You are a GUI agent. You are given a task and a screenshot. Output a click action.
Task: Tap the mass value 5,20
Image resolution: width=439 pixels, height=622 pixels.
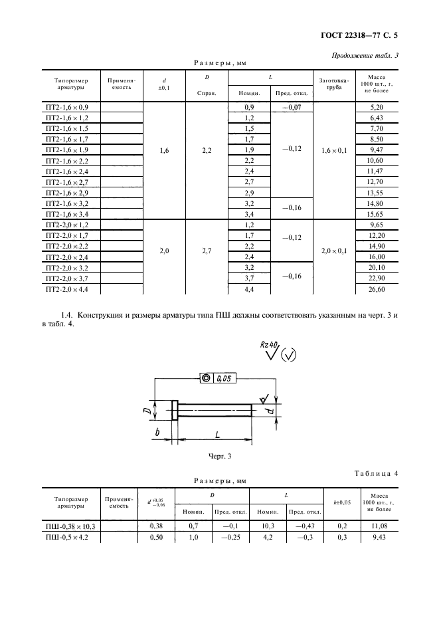pyautogui.click(x=375, y=107)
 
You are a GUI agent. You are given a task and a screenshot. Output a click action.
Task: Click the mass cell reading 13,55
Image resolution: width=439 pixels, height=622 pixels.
pyautogui.click(x=375, y=193)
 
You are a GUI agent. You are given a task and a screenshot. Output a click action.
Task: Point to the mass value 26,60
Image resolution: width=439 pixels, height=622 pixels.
pyautogui.click(x=375, y=290)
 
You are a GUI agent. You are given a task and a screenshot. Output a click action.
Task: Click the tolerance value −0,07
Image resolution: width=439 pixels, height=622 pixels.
pyautogui.click(x=292, y=107)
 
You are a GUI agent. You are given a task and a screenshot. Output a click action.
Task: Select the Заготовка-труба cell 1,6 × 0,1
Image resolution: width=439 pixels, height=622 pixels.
pyautogui.click(x=333, y=150)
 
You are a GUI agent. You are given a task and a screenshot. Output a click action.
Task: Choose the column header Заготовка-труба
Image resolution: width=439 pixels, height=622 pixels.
pyautogui.click(x=333, y=84)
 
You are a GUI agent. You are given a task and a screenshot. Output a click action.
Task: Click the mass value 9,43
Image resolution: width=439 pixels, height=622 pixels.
pyautogui.click(x=375, y=537)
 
